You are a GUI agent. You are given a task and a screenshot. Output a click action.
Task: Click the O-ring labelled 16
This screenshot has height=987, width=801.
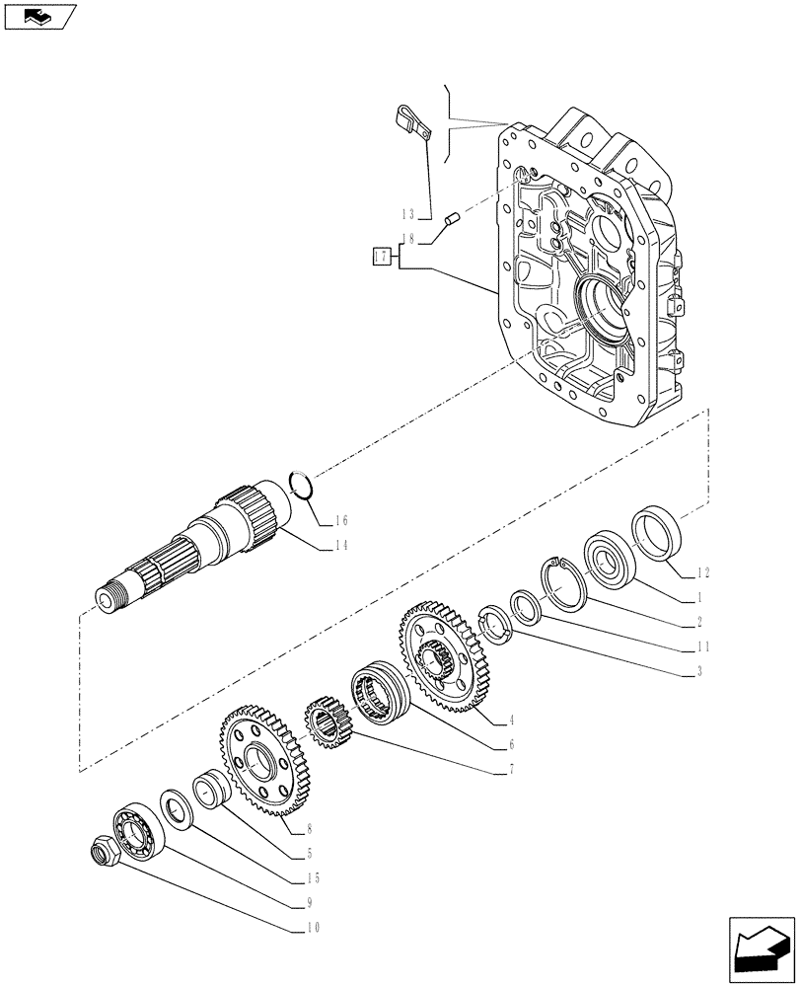click(x=304, y=486)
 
